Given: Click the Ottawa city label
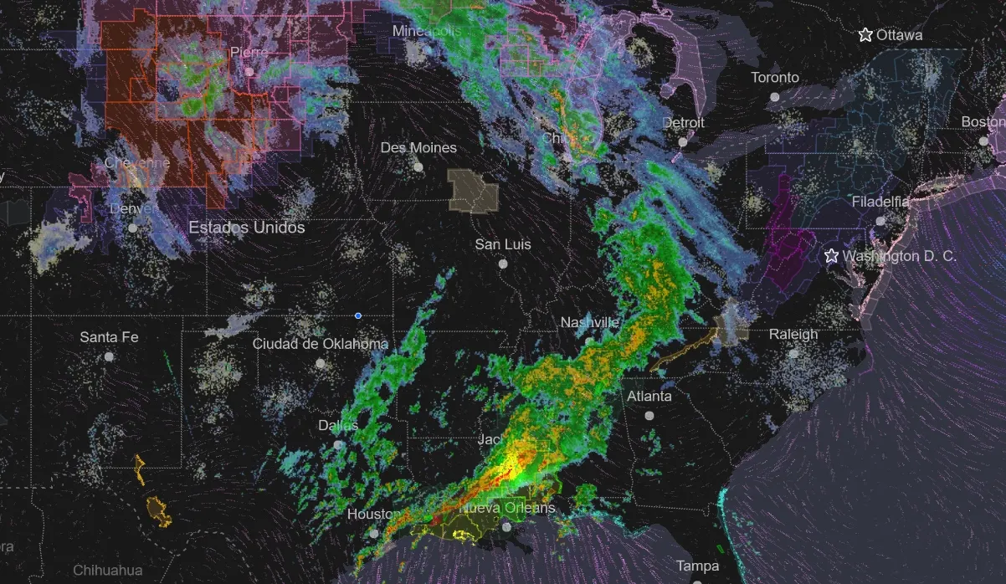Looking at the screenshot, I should (900, 35).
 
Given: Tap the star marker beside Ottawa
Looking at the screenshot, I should (865, 35).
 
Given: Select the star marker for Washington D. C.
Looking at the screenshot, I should (831, 256).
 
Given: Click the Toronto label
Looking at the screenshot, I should (775, 78).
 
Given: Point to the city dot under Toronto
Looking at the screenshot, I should (775, 97).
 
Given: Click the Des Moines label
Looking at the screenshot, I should (418, 148).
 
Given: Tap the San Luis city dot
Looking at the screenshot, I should (503, 264).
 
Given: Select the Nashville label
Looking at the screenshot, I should (589, 323).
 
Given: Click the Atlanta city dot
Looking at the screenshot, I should (649, 415).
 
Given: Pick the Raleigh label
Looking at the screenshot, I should (793, 335).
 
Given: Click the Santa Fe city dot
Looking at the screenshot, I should (109, 356).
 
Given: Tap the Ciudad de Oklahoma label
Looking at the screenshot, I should (321, 344).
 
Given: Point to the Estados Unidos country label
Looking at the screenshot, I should (247, 228).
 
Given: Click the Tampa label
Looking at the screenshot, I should (698, 566).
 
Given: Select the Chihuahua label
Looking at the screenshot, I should (107, 571).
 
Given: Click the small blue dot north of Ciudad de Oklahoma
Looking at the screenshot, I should (358, 315).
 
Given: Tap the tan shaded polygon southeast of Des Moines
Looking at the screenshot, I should (473, 190).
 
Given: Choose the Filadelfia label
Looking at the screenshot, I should (880, 202).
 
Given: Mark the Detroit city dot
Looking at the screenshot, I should (683, 142).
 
